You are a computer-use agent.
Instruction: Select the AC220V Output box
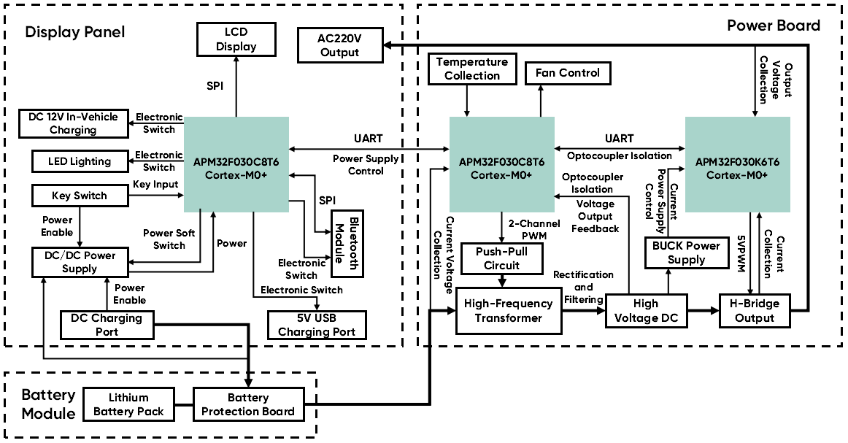340,45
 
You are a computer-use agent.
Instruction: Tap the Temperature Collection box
472,69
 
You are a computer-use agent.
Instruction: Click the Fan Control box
568,73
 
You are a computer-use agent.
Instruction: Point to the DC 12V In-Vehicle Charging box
73,123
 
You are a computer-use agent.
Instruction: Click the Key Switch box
80,196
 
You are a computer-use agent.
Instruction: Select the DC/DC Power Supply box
80,262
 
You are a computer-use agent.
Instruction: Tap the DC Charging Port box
107,325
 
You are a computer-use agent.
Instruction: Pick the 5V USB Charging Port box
316,325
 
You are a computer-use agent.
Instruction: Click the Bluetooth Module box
347,243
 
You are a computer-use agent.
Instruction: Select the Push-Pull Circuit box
502,258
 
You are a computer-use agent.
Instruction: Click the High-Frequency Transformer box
509,311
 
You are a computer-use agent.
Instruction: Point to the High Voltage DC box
646,311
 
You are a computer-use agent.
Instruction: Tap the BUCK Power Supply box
686,253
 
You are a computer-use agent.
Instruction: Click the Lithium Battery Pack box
128,404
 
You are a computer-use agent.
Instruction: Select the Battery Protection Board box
248,404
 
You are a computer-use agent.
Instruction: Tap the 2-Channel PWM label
535,229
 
